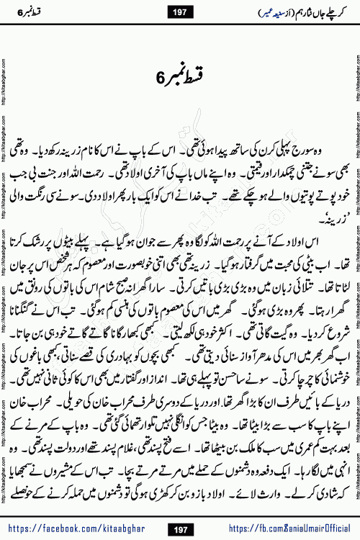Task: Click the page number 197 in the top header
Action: click(179, 12)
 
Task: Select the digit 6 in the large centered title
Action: click(160, 76)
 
